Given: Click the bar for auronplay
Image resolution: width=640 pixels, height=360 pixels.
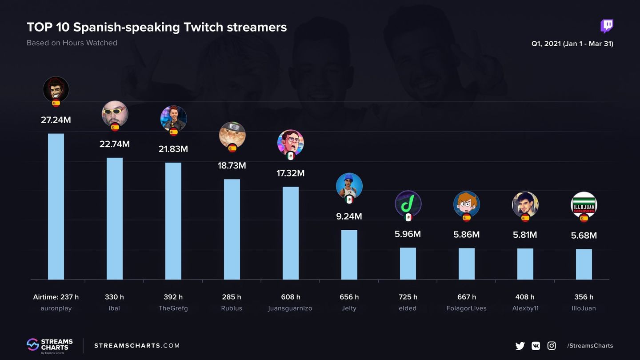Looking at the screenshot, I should [56, 206].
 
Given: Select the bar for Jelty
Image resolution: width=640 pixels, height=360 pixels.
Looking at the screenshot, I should [349, 254].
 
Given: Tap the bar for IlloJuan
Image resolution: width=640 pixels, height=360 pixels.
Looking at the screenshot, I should [584, 264].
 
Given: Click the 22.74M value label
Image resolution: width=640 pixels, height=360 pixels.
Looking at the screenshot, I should [114, 144].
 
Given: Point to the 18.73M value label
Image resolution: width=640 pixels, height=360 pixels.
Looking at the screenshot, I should [232, 165].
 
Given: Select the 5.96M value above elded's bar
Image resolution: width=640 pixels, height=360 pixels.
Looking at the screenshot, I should [408, 234].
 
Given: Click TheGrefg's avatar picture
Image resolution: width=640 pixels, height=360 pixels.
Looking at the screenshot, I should [173, 118].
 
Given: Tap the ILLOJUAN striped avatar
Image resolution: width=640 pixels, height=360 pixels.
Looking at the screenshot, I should [584, 204].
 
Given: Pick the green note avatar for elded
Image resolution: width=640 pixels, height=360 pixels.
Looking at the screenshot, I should [408, 204].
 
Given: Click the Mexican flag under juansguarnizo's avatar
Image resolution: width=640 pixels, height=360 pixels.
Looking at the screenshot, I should [291, 156].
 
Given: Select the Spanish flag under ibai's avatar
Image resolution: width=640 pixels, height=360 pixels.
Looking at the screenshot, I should [115, 128].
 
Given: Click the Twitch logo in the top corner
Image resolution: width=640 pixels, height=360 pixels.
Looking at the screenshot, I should [607, 26].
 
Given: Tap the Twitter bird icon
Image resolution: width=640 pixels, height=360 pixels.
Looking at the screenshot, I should [520, 346].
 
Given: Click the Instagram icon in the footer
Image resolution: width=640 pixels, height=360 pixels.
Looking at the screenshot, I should [552, 346].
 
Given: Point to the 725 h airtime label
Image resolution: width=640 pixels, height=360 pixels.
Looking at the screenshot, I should [408, 297].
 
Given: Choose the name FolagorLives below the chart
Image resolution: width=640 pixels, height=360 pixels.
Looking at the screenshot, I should [466, 308].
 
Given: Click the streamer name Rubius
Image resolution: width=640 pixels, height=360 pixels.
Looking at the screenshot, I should [232, 308].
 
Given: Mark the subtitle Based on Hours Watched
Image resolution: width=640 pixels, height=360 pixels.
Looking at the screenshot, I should [72, 43].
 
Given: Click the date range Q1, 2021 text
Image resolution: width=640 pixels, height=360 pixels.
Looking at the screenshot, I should [572, 44].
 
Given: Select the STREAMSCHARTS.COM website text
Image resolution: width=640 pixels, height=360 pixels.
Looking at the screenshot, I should [137, 346].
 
